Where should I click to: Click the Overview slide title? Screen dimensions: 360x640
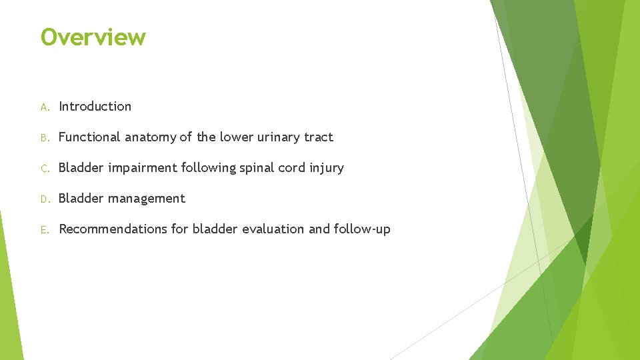click(x=93, y=37)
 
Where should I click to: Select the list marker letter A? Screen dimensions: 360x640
click(x=44, y=107)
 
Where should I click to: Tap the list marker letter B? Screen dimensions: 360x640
click(x=44, y=137)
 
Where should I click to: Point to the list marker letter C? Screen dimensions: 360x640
click(x=44, y=168)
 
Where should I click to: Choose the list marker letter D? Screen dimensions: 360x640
click(x=44, y=199)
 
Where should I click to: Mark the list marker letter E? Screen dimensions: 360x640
click(x=44, y=229)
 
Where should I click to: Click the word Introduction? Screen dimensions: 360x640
click(x=95, y=106)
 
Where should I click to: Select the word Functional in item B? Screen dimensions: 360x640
click(x=89, y=137)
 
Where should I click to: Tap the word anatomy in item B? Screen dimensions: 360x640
click(x=150, y=137)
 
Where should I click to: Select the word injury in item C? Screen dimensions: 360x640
click(x=326, y=168)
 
